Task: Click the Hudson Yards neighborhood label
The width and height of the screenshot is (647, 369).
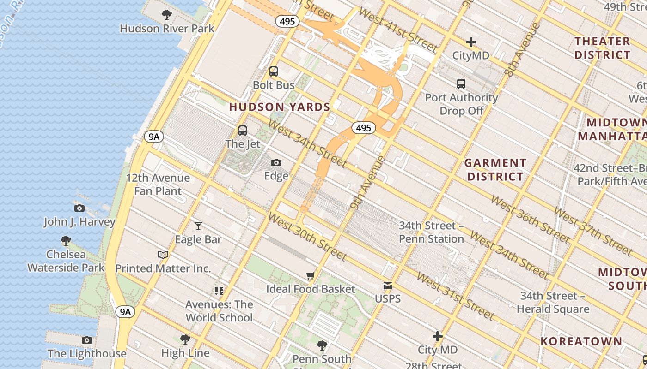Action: [x=279, y=107]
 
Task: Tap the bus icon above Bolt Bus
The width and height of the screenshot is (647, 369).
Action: [x=274, y=71]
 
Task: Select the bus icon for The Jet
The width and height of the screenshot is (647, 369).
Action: [x=243, y=131]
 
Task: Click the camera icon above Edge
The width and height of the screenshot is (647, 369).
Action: [x=276, y=162]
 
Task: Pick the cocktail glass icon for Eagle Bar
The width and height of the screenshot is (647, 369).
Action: [x=198, y=226]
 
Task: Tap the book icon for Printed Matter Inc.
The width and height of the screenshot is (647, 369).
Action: [x=163, y=255]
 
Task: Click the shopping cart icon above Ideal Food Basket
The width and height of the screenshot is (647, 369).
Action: [x=311, y=276]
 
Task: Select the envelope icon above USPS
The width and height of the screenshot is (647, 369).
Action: [x=388, y=286]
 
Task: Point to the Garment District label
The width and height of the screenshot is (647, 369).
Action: [x=495, y=169]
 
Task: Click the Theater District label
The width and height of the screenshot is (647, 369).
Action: [x=602, y=48]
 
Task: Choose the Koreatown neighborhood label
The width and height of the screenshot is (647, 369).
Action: [x=581, y=341]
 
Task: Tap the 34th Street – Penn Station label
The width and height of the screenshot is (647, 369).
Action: [x=431, y=232]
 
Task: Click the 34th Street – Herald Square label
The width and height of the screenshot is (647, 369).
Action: [x=553, y=302]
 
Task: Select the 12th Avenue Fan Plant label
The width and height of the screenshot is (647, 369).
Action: [x=158, y=184]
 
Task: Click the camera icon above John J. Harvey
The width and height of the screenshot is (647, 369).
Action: [x=79, y=208]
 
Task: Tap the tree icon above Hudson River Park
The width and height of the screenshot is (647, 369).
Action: [x=167, y=15]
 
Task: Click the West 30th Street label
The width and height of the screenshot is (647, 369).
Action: [x=307, y=236]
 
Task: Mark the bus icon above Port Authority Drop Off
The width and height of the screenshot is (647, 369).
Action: [x=461, y=84]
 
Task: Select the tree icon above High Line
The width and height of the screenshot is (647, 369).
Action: [x=185, y=339]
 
